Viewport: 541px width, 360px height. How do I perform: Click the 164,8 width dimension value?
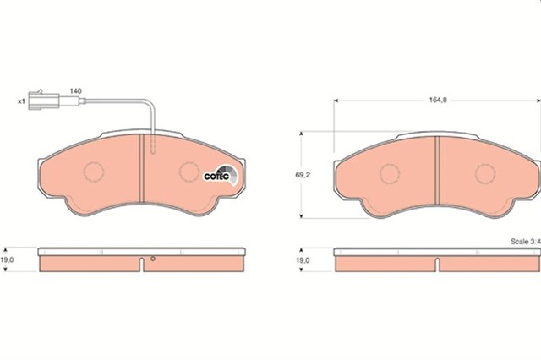point(437,101)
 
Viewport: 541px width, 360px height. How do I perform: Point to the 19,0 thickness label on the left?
point(9,261)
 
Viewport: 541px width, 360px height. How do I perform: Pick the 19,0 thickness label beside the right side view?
point(302,261)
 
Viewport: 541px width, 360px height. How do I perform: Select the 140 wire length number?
point(74,90)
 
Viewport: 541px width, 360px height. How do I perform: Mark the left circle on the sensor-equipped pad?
point(93,172)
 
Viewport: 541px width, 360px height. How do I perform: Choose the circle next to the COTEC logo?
point(189,172)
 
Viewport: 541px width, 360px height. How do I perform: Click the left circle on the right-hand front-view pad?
point(390,174)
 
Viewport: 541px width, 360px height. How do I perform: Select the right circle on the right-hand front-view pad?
point(485,174)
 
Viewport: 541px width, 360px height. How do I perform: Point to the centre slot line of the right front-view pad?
point(437,172)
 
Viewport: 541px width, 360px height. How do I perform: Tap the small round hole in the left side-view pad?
point(152,259)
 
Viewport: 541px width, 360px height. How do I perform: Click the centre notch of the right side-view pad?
point(437,265)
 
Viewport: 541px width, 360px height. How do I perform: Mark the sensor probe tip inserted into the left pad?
point(152,150)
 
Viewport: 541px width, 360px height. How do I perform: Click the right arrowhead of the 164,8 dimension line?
point(535,101)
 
